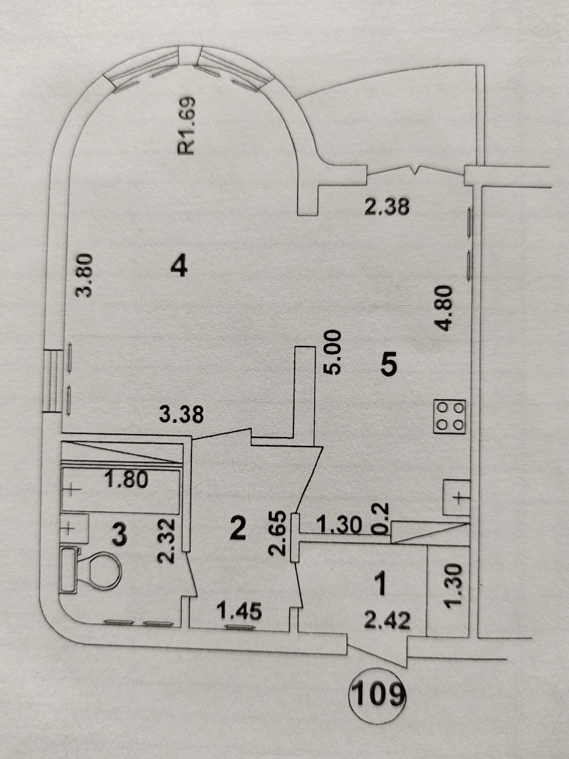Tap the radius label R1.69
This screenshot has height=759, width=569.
tap(187, 126)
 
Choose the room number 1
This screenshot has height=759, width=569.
tap(381, 583)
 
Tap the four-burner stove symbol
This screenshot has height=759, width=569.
tap(449, 416)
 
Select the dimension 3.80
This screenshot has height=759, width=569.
tap(84, 275)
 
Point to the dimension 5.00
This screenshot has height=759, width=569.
tap(333, 352)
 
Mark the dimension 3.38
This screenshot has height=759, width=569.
tap(181, 414)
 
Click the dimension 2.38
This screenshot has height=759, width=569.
tap(387, 207)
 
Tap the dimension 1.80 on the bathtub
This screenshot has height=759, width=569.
tap(127, 480)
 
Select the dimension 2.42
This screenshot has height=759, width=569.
tap(387, 620)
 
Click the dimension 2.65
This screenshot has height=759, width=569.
tap(278, 533)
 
